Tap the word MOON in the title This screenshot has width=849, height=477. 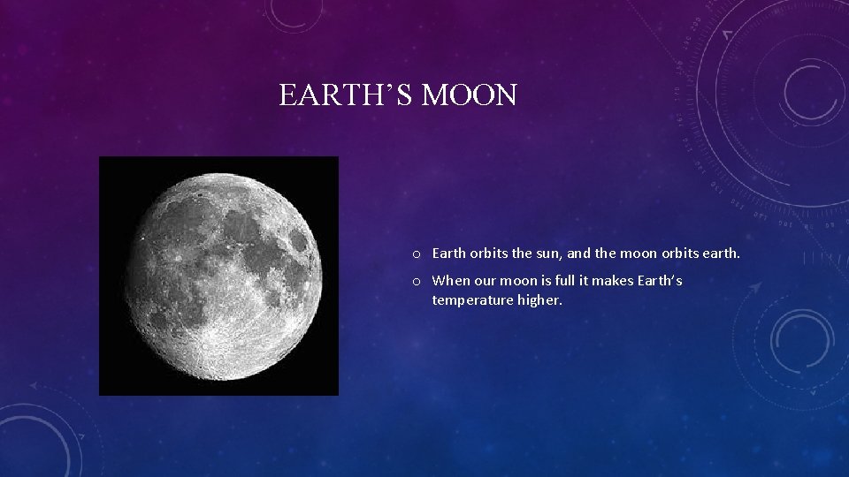click(x=470, y=95)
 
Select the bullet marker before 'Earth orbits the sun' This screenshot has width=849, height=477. click(x=415, y=254)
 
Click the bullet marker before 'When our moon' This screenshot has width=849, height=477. click(x=415, y=281)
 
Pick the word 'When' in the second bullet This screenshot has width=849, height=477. click(x=451, y=280)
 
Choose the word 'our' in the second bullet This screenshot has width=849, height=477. click(x=485, y=280)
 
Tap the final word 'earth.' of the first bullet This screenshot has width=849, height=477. click(x=721, y=254)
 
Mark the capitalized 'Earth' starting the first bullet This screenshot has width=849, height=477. click(x=448, y=254)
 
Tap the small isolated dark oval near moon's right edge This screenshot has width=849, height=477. click(x=300, y=240)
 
